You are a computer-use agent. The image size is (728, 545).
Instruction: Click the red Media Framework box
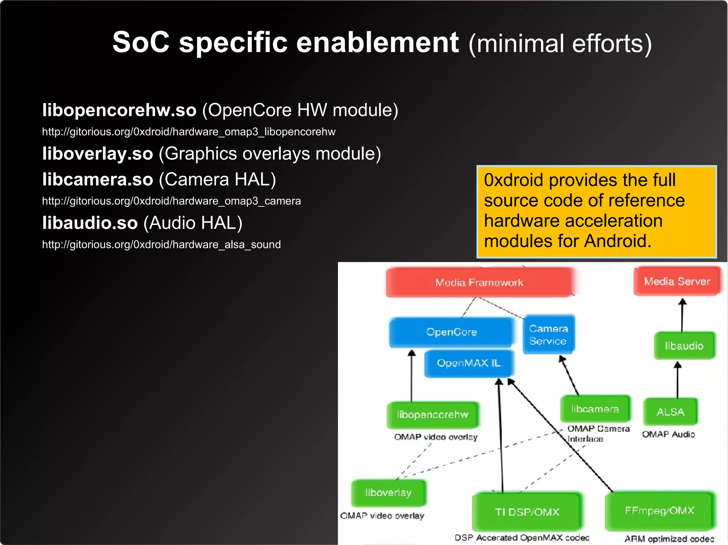tap(479, 282)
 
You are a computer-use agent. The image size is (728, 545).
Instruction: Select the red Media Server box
tap(677, 281)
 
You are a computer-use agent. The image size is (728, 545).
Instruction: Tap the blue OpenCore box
tap(451, 332)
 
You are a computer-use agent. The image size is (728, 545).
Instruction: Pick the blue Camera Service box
tap(548, 334)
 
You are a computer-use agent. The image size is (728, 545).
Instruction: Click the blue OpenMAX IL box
tap(469, 363)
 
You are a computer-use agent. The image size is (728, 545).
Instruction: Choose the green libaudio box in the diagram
tap(684, 345)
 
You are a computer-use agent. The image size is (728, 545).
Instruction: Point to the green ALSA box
tap(670, 412)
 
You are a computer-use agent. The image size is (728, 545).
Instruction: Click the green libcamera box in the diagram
tap(595, 409)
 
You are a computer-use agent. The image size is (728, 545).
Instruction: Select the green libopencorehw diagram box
tap(433, 414)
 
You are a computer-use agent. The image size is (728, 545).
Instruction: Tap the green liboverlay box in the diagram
tap(388, 492)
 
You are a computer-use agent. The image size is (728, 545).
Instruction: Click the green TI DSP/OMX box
tap(527, 512)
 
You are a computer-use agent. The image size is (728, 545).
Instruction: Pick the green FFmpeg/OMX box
tap(659, 511)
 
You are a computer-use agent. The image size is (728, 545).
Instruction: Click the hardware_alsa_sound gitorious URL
tap(161, 245)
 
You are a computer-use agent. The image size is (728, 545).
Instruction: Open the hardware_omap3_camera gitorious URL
tap(171, 201)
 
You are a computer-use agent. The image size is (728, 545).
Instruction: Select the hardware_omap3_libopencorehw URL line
tap(188, 132)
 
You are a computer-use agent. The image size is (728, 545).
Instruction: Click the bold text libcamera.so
tap(98, 179)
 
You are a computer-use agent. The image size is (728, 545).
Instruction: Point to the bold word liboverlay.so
tap(98, 154)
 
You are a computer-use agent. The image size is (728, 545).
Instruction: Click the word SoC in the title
tap(141, 43)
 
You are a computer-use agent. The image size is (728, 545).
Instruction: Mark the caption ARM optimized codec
tap(669, 539)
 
